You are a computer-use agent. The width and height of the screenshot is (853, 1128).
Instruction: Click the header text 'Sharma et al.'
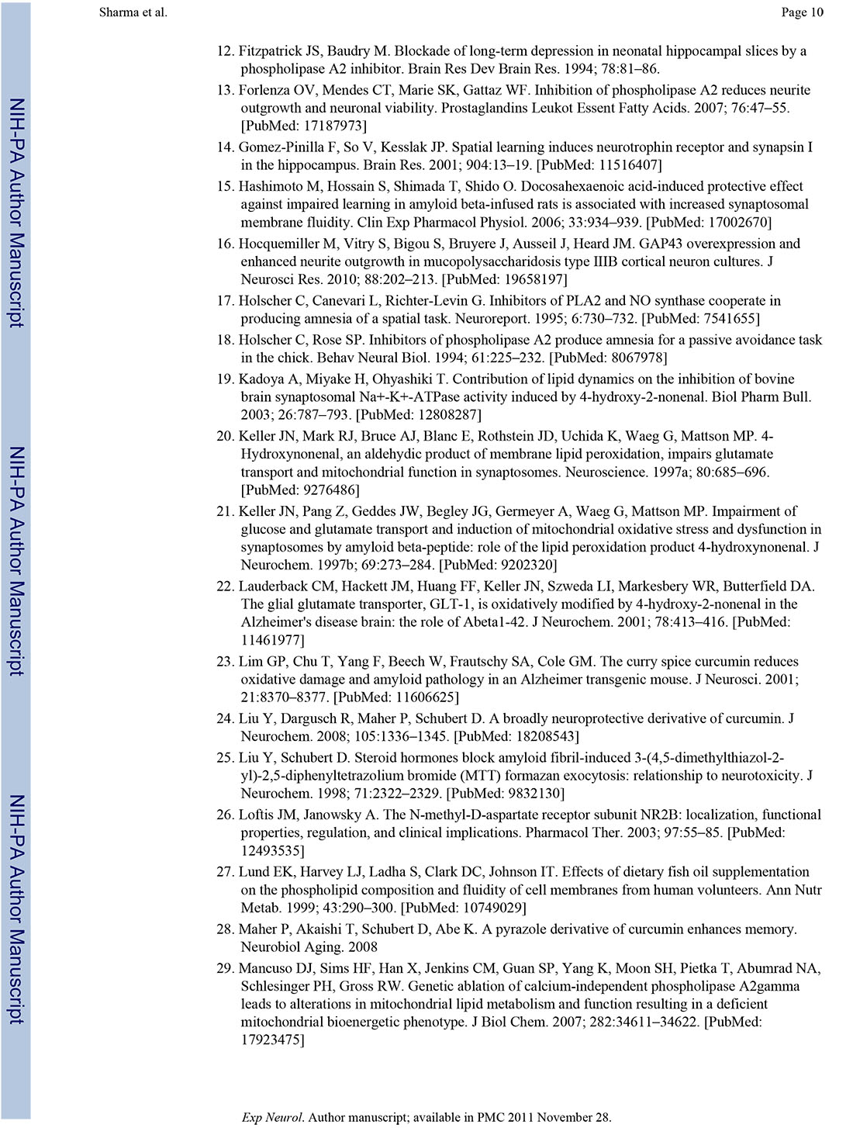coord(133,12)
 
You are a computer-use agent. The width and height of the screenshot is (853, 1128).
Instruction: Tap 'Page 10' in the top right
coord(803,12)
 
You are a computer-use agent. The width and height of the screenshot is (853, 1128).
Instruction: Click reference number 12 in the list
coord(225,51)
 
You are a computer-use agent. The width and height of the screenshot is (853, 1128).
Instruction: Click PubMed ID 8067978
coord(634,358)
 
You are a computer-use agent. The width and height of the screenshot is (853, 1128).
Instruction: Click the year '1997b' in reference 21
coord(316,565)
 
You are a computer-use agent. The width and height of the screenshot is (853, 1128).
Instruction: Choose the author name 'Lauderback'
coord(275,586)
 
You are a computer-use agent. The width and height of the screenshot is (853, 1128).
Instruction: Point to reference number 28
coord(225,929)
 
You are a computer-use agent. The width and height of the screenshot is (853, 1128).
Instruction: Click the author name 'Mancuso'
coord(264,968)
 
